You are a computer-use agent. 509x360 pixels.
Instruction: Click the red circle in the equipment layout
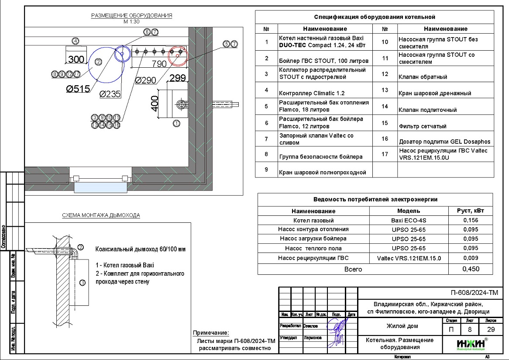coord(178,55)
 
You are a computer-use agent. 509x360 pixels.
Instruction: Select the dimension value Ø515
coord(78,89)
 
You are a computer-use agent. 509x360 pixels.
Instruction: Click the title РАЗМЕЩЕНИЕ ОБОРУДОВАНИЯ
coord(131,16)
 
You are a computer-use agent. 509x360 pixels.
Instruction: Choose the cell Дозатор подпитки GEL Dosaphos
coord(444,142)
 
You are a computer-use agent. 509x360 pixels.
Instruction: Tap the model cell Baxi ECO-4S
coord(409,220)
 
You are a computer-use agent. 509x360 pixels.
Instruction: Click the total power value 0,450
coord(470,269)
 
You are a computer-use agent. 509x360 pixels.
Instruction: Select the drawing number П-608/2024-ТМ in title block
coord(474,293)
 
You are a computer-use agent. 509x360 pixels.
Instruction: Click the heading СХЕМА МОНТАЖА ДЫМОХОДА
coord(101,215)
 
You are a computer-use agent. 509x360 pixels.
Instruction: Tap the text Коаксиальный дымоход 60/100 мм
coord(141,249)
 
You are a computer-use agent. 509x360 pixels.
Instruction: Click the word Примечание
coord(211,333)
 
